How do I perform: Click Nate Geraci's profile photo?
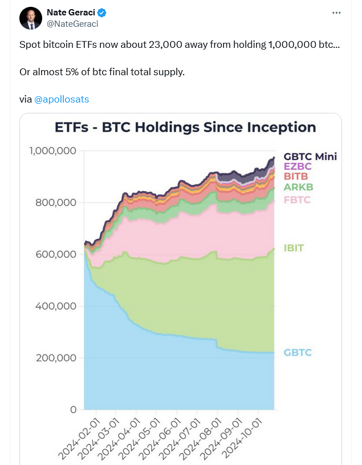pos(31,18)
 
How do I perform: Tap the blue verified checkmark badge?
pos(102,12)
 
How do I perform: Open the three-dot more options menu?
pos(337,13)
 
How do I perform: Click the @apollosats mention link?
pos(62,99)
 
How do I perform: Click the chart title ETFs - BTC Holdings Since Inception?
pos(185,127)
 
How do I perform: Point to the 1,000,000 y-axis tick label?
pos(52,151)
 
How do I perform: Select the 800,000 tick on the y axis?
pos(56,202)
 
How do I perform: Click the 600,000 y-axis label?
pos(56,254)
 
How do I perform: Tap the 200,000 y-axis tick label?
pos(56,358)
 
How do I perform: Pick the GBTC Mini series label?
pos(310,156)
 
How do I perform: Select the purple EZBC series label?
pos(298,166)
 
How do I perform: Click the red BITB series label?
pos(296,177)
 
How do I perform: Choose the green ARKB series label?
pos(299,187)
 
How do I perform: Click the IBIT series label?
pos(294,248)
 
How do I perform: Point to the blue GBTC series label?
pos(298,353)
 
